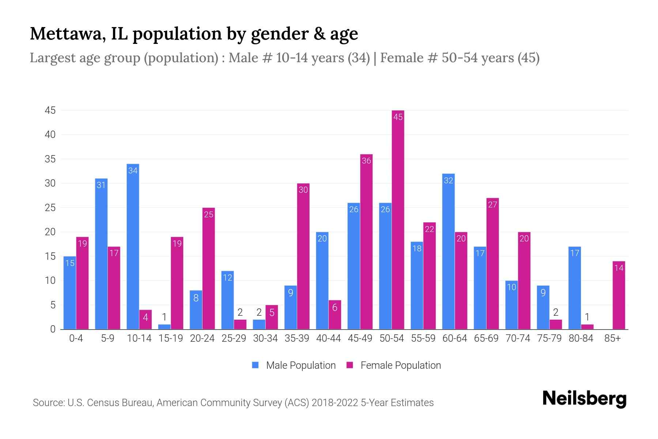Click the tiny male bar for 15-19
click(x=164, y=327)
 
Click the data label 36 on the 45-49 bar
click(x=366, y=161)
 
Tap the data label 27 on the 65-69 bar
click(x=492, y=205)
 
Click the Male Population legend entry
click(x=294, y=365)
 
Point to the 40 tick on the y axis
click(x=50, y=135)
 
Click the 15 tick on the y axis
click(x=50, y=256)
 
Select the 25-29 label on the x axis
click(x=234, y=338)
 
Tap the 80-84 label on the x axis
click(x=581, y=338)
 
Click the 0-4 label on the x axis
click(x=76, y=338)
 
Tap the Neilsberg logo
click(x=584, y=399)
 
